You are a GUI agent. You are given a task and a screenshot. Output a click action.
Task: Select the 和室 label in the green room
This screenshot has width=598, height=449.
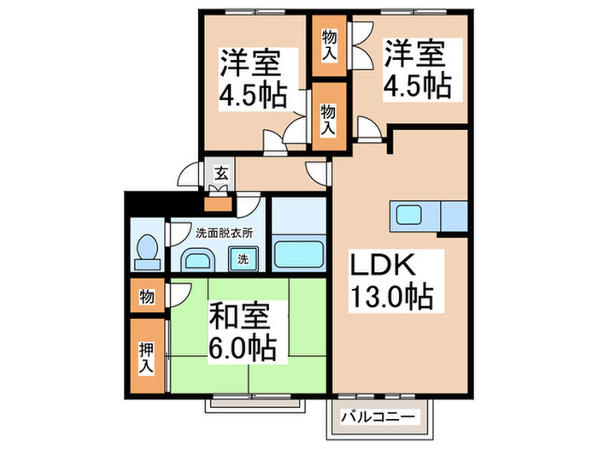(x=240, y=316)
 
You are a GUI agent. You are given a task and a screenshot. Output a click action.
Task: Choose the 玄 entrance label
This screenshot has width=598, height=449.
(x=220, y=174)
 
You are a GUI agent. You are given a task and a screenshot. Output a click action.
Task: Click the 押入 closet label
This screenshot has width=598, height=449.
(x=146, y=357)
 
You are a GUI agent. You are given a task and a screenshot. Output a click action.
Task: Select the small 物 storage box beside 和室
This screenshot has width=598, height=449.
(x=146, y=297)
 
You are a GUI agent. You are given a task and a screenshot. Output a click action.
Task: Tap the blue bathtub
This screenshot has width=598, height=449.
(x=298, y=253)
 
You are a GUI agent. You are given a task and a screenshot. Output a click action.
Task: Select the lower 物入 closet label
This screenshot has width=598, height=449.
(x=327, y=118)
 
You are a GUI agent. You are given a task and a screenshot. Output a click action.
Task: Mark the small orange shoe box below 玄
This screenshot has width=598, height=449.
(x=219, y=204)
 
